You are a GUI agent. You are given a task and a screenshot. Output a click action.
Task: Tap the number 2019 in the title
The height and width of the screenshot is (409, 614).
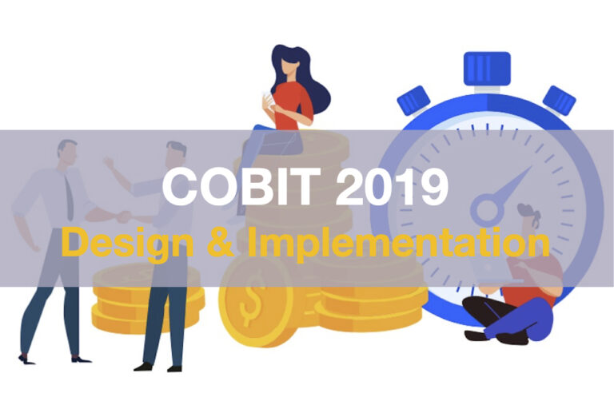pos(392,186)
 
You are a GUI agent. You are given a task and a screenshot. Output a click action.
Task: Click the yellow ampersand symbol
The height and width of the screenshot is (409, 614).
pos(221,242)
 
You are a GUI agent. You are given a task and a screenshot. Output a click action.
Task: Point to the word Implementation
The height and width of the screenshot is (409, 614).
pos(398,244)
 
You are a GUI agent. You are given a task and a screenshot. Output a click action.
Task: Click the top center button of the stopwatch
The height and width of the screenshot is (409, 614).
pos(487,69)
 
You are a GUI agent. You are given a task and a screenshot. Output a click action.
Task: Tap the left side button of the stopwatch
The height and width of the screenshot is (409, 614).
pos(413,101)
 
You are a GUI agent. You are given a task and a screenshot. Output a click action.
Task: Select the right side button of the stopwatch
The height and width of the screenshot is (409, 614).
pos(559,101)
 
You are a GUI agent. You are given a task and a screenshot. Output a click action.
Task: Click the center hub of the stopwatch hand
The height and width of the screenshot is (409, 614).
pos(487,210)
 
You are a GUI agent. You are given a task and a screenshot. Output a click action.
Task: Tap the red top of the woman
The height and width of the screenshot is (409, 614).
pos(293,105)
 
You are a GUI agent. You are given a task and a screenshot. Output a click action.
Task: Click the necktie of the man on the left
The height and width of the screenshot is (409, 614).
pos(70,197)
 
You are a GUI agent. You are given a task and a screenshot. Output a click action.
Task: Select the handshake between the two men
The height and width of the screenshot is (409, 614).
pos(125,216)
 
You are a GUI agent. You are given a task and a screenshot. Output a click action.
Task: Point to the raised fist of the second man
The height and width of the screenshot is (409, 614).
pos(109,161)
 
